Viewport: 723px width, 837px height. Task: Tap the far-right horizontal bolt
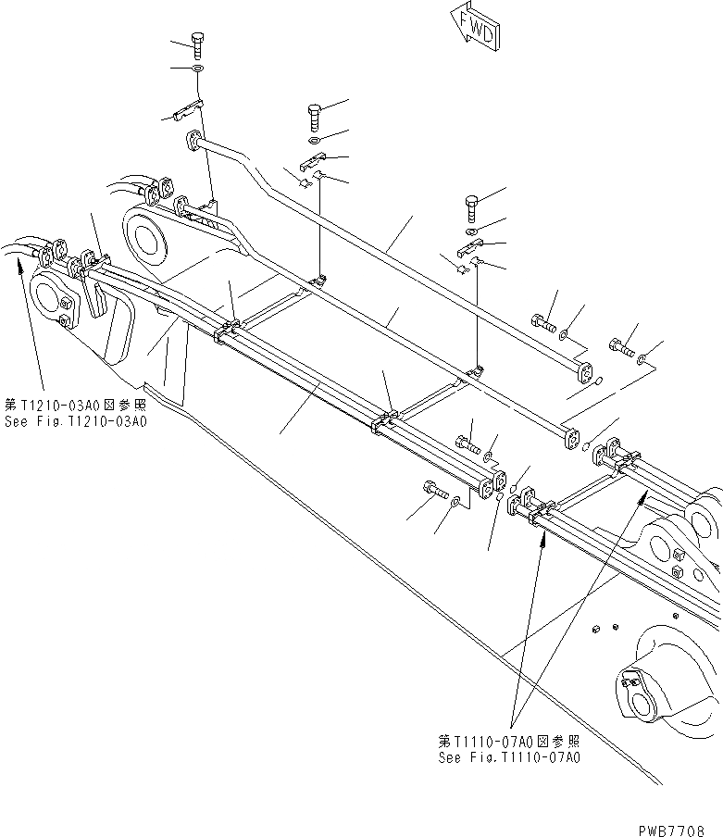(x=619, y=348)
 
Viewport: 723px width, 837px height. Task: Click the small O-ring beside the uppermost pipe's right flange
(x=600, y=381)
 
